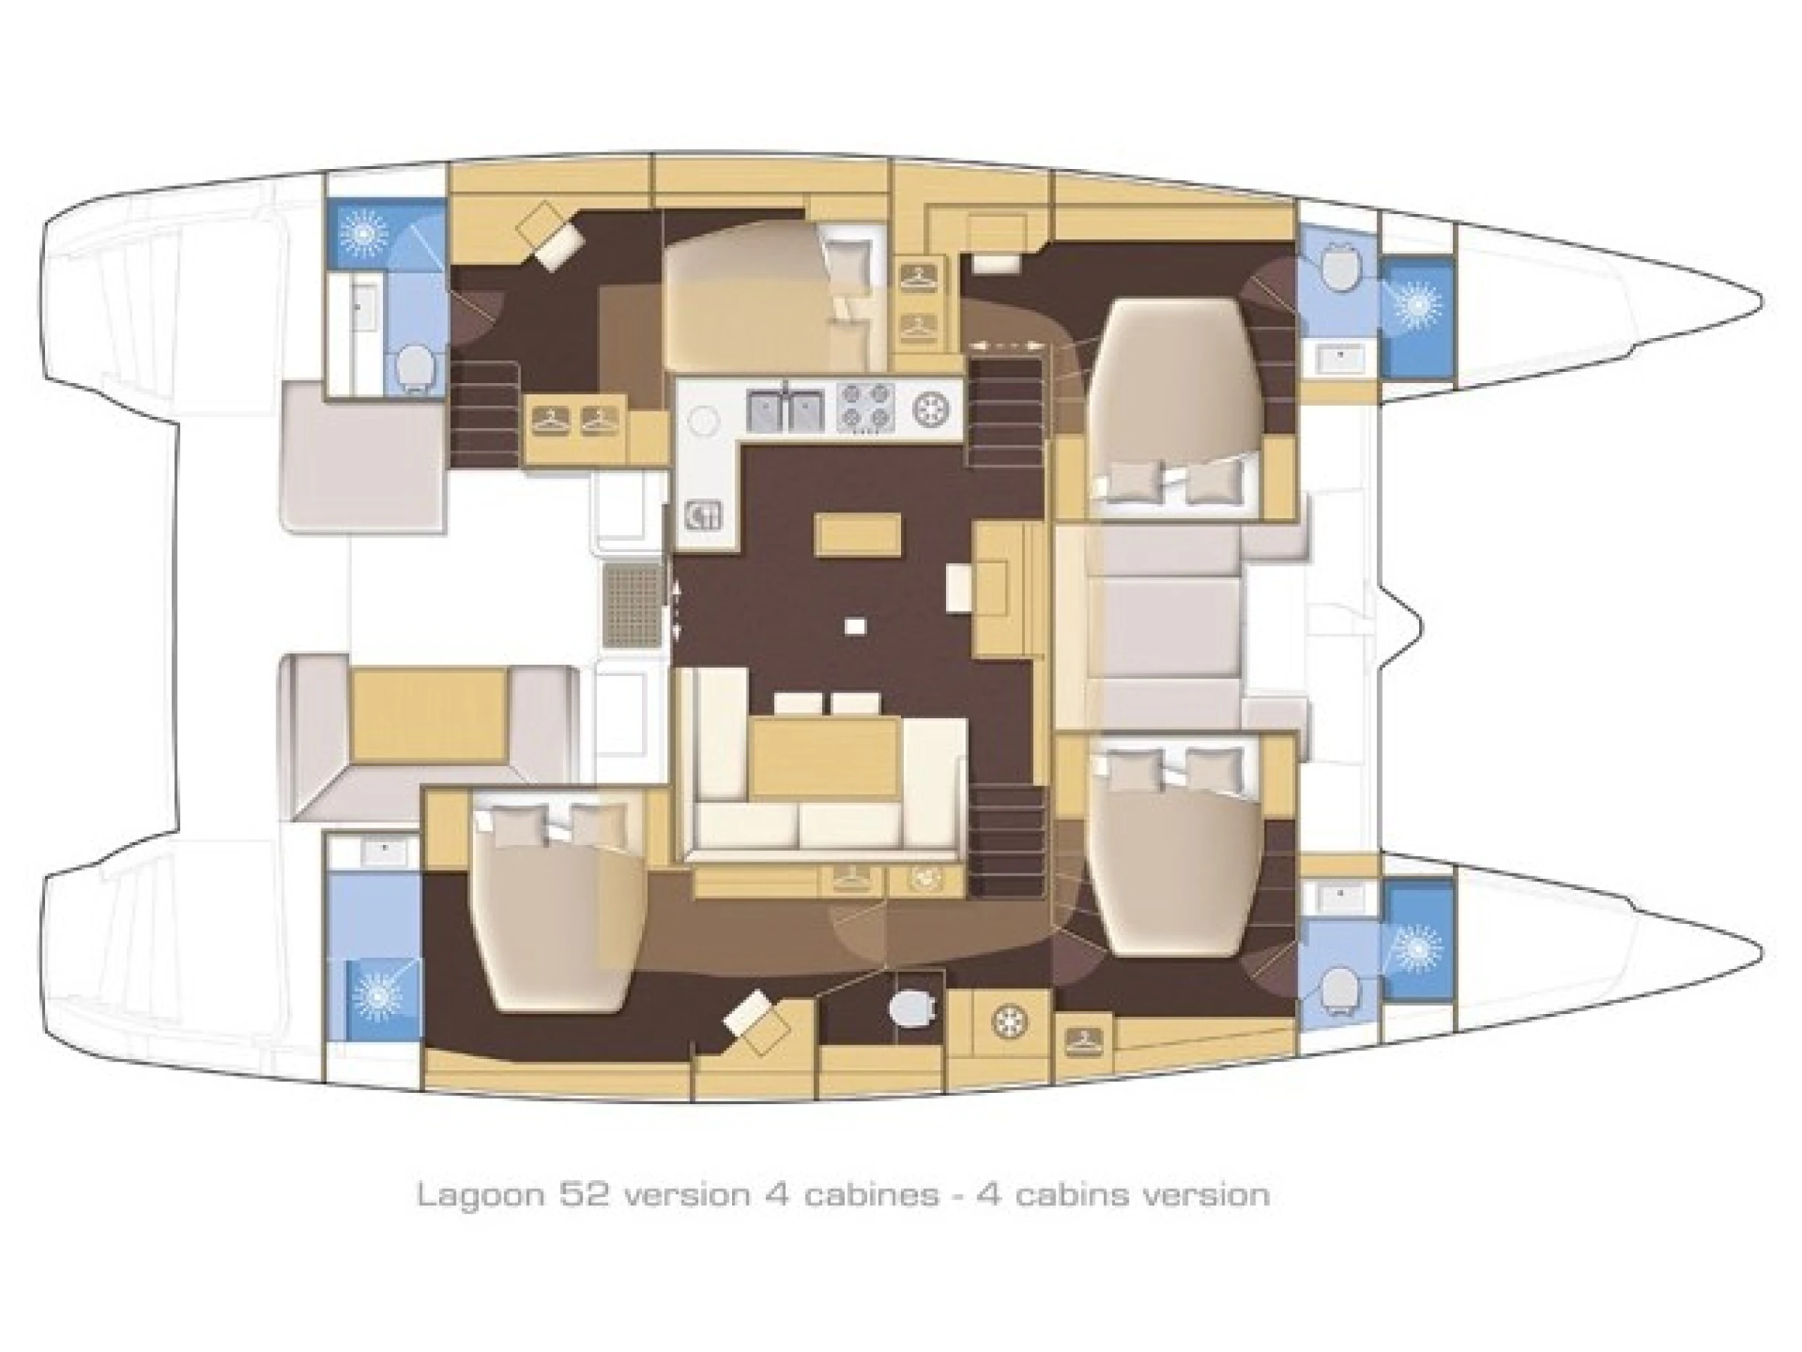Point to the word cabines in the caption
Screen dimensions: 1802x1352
pos(869,1195)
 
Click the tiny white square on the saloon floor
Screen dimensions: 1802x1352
pos(854,626)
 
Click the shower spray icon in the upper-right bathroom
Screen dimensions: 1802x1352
pos(1418,304)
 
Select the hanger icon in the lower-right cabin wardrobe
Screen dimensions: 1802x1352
pos(1083,1038)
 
